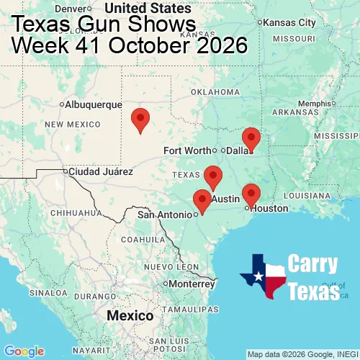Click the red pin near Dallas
(x=251, y=137)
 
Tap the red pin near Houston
(x=251, y=194)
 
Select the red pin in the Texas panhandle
(x=141, y=118)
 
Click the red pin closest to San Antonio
(x=202, y=199)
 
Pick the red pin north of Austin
(x=212, y=175)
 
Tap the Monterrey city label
(x=192, y=284)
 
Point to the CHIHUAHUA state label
(x=73, y=212)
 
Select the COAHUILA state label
(x=143, y=239)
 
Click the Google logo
(x=24, y=351)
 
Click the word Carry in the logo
(x=314, y=264)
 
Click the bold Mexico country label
(x=130, y=316)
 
